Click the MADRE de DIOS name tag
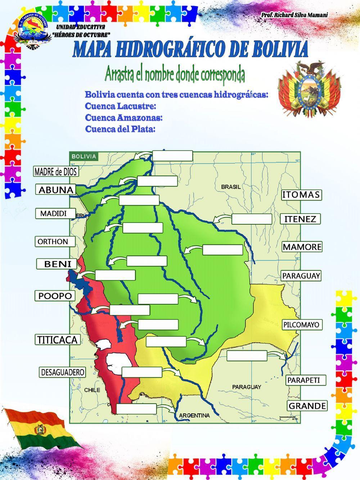(56, 172)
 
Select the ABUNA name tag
(56, 190)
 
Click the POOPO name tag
(55, 296)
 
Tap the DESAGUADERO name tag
(63, 372)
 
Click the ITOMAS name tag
(301, 195)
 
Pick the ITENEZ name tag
(300, 219)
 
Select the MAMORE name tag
(302, 247)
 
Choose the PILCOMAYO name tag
(301, 324)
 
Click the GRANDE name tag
(307, 406)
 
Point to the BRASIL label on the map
(231, 187)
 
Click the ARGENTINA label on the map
(194, 415)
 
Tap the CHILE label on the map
(92, 390)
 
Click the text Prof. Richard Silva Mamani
(294, 15)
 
